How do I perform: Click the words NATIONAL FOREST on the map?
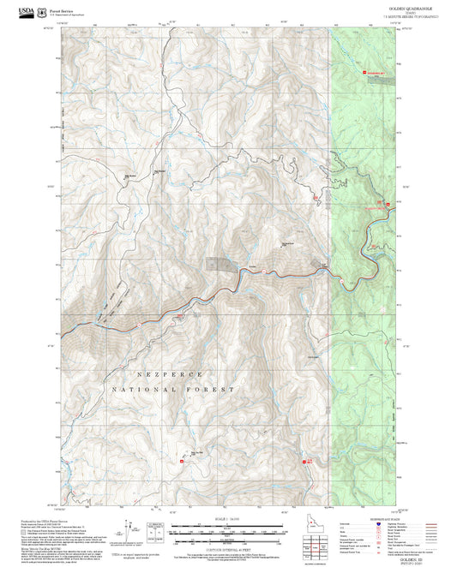coord(171,390)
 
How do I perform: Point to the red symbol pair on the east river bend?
coord(385,204)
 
